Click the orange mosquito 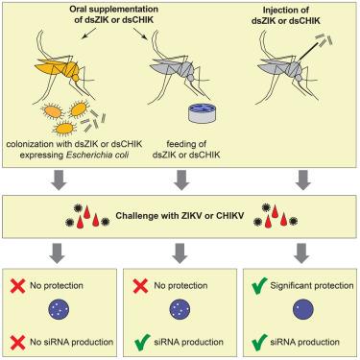(x=64, y=69)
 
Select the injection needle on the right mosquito (x=310, y=51)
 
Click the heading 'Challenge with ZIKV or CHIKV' (x=180, y=215)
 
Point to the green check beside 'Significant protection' (x=259, y=286)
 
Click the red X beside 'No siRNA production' (x=18, y=342)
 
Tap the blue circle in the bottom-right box (x=303, y=309)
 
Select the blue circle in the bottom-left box (x=59, y=309)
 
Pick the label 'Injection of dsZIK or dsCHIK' (x=286, y=15)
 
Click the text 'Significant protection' (x=312, y=285)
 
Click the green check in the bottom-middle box (x=142, y=342)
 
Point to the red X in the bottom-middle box (x=140, y=286)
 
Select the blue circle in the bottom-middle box (x=180, y=309)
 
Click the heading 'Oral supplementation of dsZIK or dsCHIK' (x=113, y=14)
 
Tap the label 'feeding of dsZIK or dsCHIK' (x=186, y=150)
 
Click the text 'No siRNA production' (x=72, y=342)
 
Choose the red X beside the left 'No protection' (x=18, y=286)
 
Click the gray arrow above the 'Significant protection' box (x=301, y=252)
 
